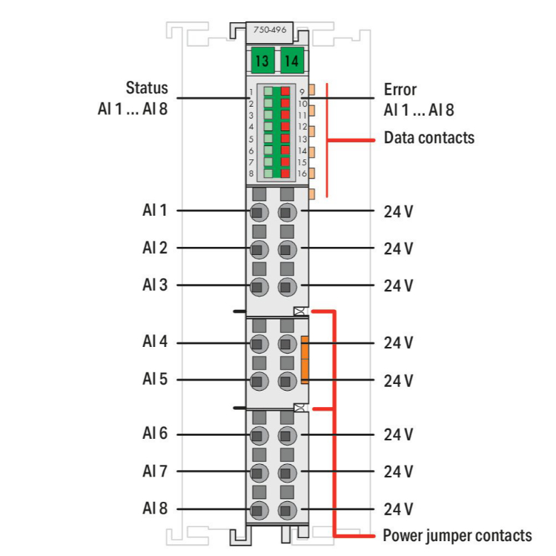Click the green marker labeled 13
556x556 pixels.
[x=262, y=60]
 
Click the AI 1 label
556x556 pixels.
[x=154, y=211]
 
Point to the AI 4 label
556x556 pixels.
[x=154, y=342]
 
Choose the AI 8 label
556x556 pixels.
[x=154, y=509]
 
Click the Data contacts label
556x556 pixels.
[x=428, y=138]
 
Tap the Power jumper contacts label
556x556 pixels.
[x=457, y=535]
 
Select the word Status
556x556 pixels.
[x=146, y=89]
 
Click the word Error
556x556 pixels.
[x=400, y=90]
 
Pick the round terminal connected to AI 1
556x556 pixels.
[x=258, y=212]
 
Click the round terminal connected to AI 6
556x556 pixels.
[x=258, y=435]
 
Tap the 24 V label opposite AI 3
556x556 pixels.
[x=398, y=285]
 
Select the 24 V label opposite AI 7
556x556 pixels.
[x=398, y=471]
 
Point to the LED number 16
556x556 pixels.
[x=302, y=173]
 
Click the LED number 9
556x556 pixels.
[x=302, y=92]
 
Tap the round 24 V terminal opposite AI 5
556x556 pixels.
[x=287, y=381]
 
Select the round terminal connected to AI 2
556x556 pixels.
[x=258, y=248]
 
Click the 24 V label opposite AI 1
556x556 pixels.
[x=398, y=211]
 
